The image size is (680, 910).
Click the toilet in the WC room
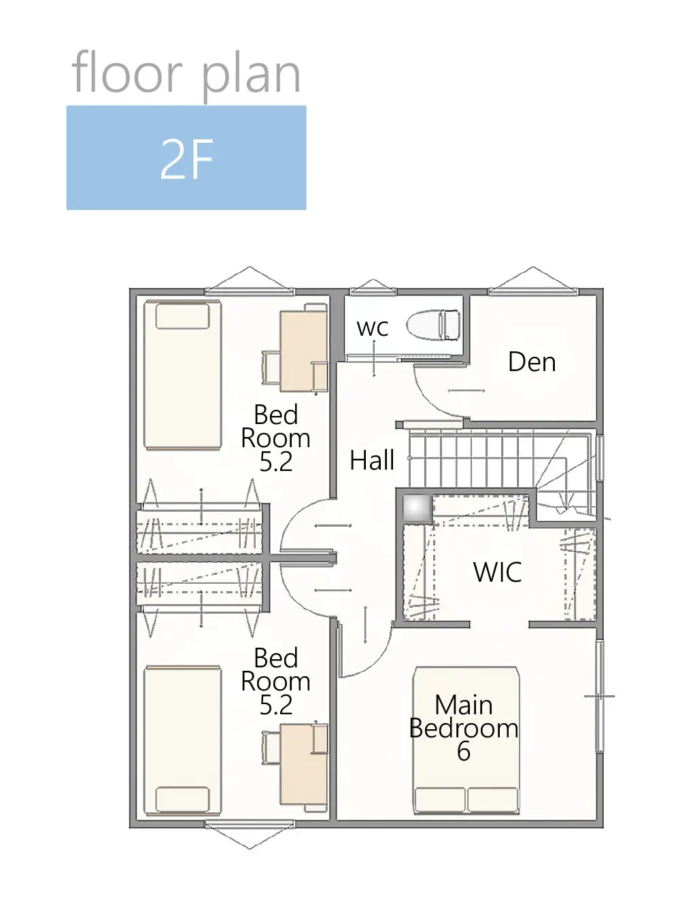pos(433,326)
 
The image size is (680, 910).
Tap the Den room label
pos(532,362)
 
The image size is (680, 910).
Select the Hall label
pos(371,460)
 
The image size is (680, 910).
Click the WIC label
pos(497,572)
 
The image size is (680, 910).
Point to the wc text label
pos(373,328)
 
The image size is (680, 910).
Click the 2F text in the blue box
pos(186,159)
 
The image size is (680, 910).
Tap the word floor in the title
pos(127,72)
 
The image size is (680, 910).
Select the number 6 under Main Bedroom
pos(464,751)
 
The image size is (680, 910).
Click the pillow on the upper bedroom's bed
pos(182,316)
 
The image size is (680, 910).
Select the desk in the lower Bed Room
pos(304,764)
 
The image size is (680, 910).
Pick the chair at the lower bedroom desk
pos(271,748)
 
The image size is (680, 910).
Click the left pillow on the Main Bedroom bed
pos(440,799)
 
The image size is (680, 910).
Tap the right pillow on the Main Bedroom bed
pos(493,799)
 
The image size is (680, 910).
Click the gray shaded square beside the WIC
pos(417,508)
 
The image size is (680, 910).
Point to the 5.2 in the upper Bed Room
pos(275,462)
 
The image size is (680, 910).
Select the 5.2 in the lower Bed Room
pos(275,705)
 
